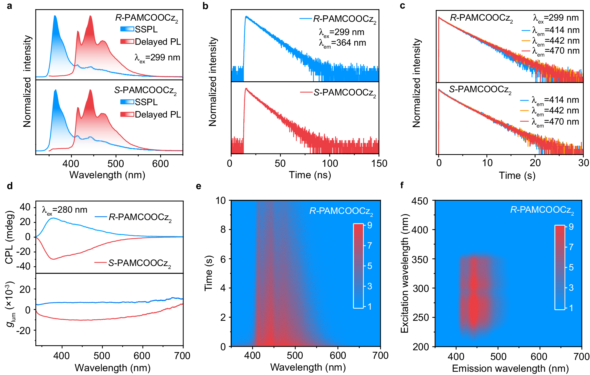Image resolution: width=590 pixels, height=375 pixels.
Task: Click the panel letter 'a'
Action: tap(9, 5)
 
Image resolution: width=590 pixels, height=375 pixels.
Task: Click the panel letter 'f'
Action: tap(402, 185)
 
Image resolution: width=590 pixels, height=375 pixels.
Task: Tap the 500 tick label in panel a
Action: tap(116, 163)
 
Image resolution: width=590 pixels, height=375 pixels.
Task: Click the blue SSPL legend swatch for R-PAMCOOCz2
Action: tap(127, 29)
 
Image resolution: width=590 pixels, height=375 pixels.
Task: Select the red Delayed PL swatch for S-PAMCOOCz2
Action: tap(127, 114)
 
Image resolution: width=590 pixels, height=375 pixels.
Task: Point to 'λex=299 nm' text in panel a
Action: tap(157, 58)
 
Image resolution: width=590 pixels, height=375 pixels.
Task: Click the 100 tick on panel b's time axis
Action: tap(330, 163)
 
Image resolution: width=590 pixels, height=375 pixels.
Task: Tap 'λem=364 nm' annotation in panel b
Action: tap(342, 43)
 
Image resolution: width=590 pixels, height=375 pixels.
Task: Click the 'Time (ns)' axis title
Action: tap(310, 175)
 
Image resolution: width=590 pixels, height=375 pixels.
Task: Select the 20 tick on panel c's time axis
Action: tap(535, 163)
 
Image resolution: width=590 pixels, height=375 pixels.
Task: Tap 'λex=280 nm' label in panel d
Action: tap(65, 210)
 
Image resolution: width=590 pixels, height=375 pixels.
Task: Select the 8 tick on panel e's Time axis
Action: tap(223, 229)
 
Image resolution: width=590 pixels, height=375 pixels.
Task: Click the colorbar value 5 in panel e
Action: tap(369, 266)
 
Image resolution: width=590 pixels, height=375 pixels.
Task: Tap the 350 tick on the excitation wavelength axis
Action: tap(420, 260)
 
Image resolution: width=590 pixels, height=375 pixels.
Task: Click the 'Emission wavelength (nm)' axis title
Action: tap(510, 369)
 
